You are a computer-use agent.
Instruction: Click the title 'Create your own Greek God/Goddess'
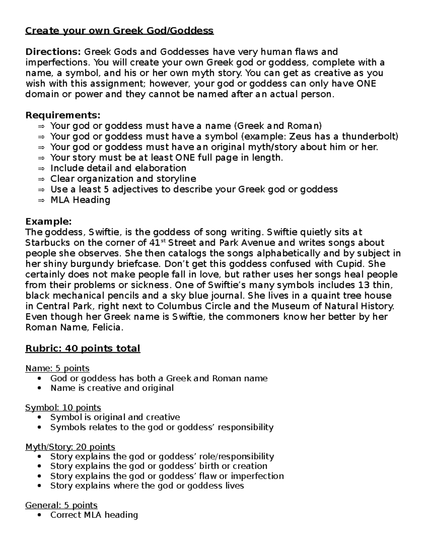point(119,31)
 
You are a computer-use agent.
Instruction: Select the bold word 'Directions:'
point(53,52)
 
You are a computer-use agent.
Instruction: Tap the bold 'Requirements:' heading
point(63,116)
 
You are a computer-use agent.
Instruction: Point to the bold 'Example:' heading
point(49,222)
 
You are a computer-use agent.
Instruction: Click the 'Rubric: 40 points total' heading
point(83,349)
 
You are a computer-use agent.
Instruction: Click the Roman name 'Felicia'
point(107,327)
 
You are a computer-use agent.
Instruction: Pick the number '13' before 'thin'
point(361,285)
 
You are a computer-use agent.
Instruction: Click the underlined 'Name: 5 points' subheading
point(57,368)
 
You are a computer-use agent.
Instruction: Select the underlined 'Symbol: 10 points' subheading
point(63,407)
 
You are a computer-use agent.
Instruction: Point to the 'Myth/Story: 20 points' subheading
point(70,447)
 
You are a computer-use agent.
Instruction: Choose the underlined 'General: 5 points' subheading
point(61,505)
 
